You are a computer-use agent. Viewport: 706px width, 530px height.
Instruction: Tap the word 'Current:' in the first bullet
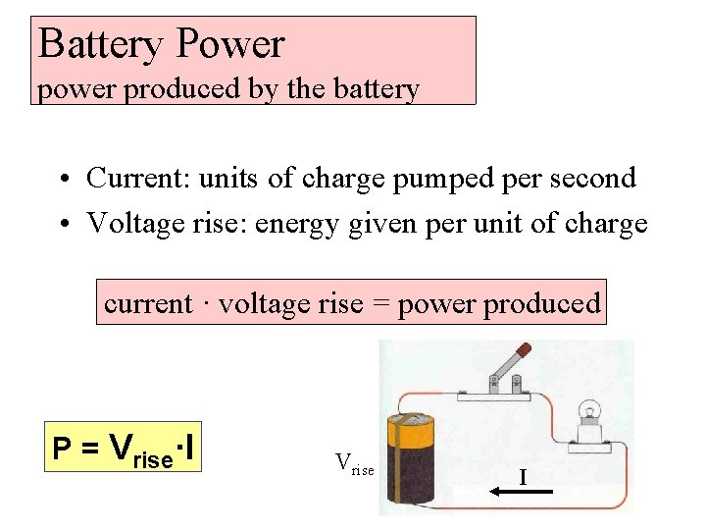pos(138,178)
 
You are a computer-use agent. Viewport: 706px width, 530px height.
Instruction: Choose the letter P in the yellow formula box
pos(61,450)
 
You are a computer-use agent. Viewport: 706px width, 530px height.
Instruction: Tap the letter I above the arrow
pos(523,478)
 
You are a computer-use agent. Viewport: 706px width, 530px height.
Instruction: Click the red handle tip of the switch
pos(524,349)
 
